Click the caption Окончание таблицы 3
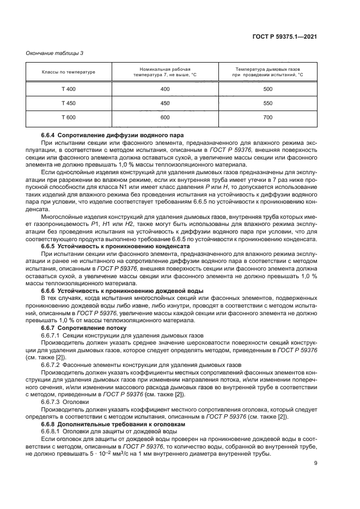55,53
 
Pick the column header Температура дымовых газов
267,72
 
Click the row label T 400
69,89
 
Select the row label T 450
69,103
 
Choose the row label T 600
69,117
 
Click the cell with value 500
267,89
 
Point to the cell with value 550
267,103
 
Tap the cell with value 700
267,117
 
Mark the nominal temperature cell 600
164,117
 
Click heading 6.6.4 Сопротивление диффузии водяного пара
113,134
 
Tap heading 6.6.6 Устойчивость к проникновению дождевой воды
119,291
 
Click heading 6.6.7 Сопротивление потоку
84,328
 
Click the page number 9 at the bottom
315,463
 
